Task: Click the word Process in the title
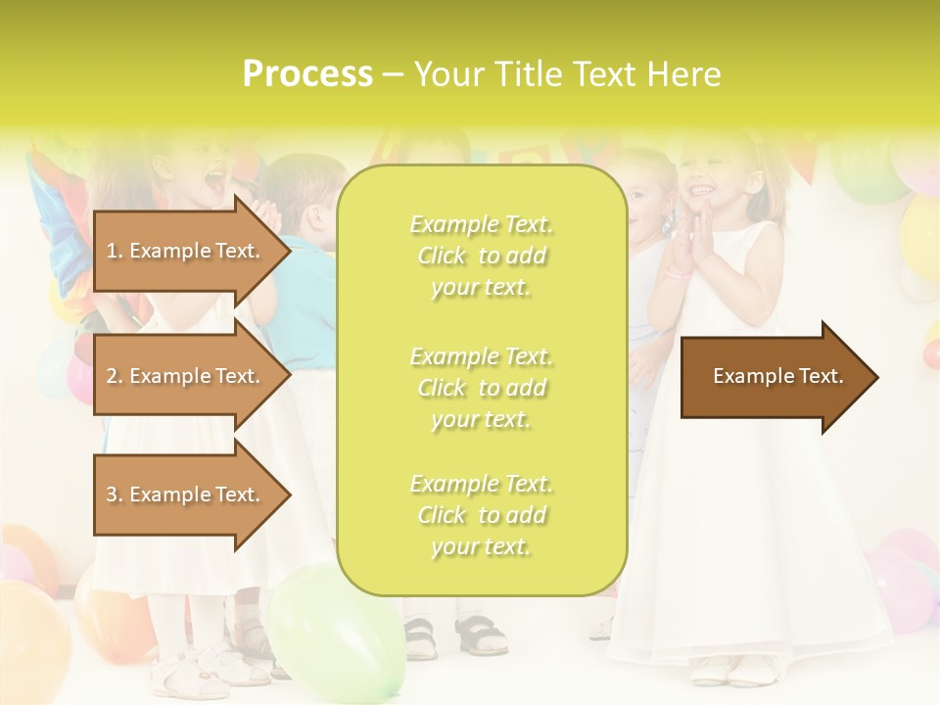[x=307, y=74]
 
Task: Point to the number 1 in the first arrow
[x=112, y=251]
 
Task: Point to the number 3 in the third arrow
[x=112, y=494]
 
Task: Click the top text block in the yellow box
[x=481, y=256]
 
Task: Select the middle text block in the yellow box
[x=481, y=387]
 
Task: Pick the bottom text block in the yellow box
[x=481, y=515]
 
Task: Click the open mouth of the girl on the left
[x=212, y=180]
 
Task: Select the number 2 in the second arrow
[x=112, y=376]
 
